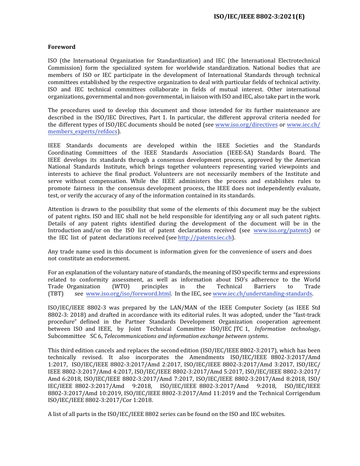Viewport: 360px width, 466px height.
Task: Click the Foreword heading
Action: point(61,47)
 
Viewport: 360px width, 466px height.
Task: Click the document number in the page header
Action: point(259,16)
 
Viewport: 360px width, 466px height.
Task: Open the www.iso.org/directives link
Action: point(246,125)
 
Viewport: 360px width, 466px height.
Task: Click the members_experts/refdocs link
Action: point(83,131)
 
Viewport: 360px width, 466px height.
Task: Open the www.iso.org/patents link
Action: point(281,230)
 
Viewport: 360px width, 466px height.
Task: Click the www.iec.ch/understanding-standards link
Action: point(262,294)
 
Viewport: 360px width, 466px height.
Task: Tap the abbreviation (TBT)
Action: point(56,294)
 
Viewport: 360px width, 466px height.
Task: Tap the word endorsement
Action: point(114,258)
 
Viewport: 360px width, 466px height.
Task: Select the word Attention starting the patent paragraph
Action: point(60,209)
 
